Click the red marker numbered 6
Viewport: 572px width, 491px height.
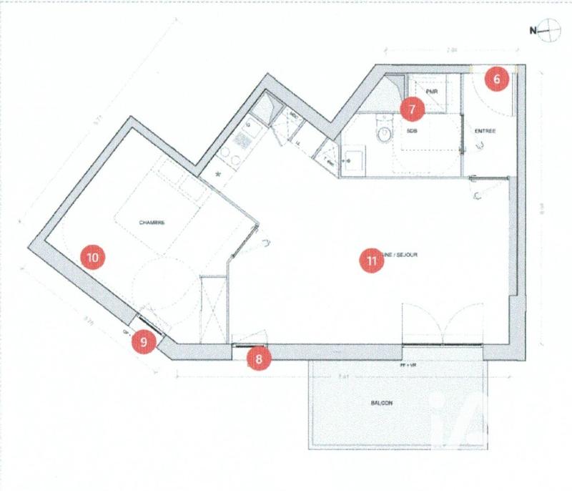[x=498, y=79]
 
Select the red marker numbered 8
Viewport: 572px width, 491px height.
[x=260, y=359]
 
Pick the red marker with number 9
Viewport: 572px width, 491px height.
[x=144, y=341]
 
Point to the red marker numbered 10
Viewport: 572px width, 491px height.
[x=93, y=256]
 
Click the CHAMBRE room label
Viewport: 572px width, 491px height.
[x=152, y=223]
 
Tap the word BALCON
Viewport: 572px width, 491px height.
[x=381, y=404]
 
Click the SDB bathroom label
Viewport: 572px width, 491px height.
[x=413, y=132]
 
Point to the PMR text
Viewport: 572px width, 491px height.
[x=433, y=93]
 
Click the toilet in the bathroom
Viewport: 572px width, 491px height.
[x=385, y=133]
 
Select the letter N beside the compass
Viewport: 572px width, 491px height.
[x=532, y=30]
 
